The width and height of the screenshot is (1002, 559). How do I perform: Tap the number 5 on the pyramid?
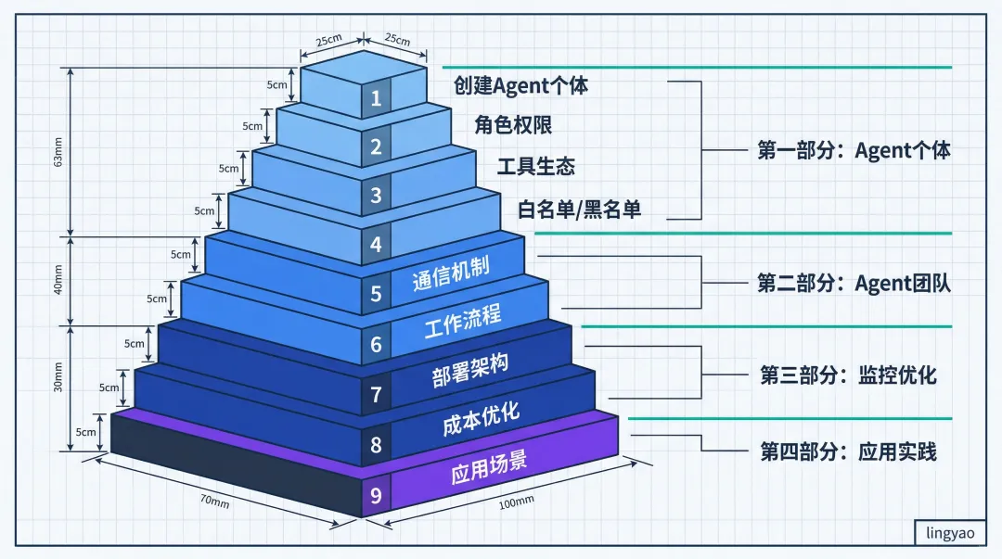[x=376, y=295]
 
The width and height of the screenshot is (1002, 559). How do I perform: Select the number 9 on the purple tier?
[x=376, y=495]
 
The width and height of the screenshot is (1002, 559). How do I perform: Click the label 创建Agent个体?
[x=520, y=86]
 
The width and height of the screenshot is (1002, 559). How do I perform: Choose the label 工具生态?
[x=535, y=167]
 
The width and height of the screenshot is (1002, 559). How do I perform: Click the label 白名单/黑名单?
[x=580, y=210]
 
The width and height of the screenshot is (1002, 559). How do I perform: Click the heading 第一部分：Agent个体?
[x=854, y=150]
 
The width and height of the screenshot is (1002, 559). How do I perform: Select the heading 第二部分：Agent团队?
[x=854, y=284]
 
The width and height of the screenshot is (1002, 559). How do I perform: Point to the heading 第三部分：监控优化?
[x=848, y=375]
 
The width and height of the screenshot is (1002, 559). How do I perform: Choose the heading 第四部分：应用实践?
[x=848, y=452]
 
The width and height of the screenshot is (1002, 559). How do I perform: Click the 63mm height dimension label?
[x=58, y=154]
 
